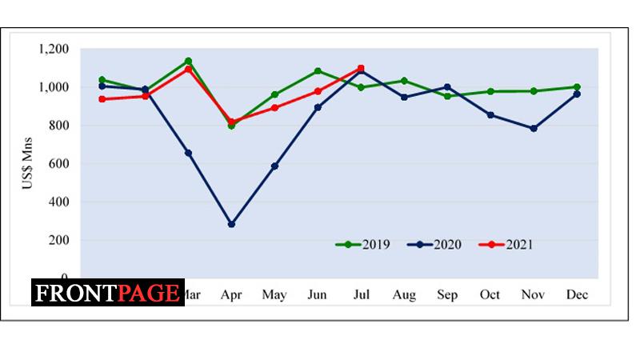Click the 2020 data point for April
coord(231,224)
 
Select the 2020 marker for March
coord(188,153)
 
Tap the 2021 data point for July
coord(361,69)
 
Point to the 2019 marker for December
coord(576,86)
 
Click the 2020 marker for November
coord(533,128)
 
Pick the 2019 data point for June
coord(318,71)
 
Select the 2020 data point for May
coord(274,166)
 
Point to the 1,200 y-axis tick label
coord(53,49)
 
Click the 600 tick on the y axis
coord(59,163)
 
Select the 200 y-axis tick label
coord(59,240)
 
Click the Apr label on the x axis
coord(231,295)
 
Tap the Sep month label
coord(447,295)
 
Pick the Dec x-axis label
coord(576,295)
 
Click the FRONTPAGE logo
coord(108,293)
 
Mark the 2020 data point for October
coord(490,114)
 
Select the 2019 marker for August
coord(404,81)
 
